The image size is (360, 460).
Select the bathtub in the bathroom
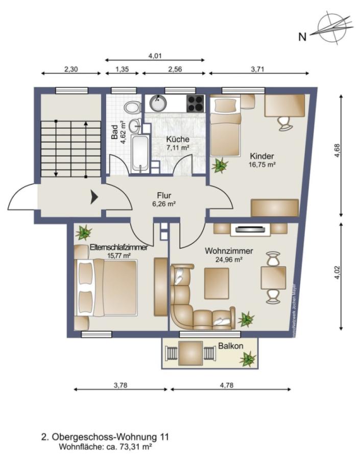click(139, 153)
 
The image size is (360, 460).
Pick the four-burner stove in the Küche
click(196, 104)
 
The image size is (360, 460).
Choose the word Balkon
click(230, 346)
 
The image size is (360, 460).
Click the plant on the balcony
click(248, 359)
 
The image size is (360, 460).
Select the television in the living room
click(250, 229)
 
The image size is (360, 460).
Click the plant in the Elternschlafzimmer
click(83, 233)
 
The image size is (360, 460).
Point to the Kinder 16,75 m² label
click(262, 160)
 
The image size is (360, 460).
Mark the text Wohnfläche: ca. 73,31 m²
click(106, 446)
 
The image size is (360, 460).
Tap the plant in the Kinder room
click(221, 165)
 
